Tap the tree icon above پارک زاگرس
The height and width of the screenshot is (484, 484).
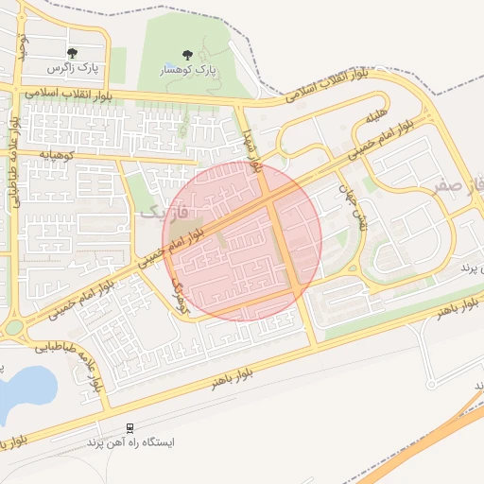click(x=72, y=54)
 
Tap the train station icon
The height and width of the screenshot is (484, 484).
click(x=130, y=428)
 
